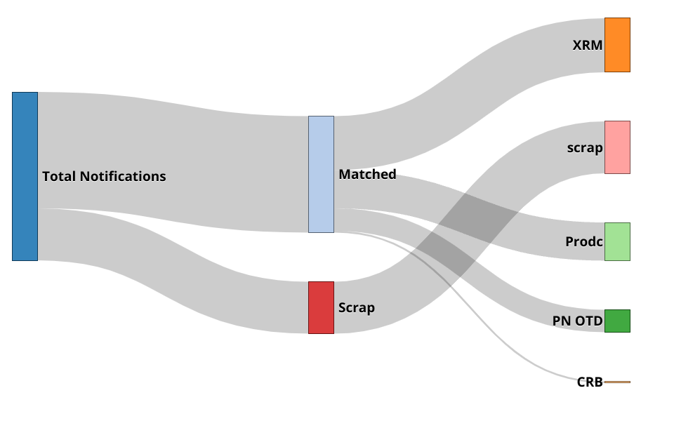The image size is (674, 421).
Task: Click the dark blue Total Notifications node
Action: pos(25,176)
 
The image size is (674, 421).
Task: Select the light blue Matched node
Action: pos(321,174)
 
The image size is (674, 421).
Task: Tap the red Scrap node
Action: pos(321,307)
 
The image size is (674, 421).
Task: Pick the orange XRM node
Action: pos(617,45)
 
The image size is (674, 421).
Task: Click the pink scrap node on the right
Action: pos(617,147)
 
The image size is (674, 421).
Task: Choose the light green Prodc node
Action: pos(617,241)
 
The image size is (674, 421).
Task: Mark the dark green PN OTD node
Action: pos(617,321)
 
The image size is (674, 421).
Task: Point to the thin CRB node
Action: pos(617,382)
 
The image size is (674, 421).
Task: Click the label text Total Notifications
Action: pos(104,176)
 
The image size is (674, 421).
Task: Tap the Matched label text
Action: pos(367,174)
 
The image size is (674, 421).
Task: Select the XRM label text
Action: pos(587,45)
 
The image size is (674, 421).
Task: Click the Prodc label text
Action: pos(583,241)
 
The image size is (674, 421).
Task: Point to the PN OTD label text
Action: pos(577,321)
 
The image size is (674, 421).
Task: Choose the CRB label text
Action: pos(590,382)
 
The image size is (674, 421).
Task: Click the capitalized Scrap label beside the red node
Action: pos(357,307)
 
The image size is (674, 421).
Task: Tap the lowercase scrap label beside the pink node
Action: pos(585,147)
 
